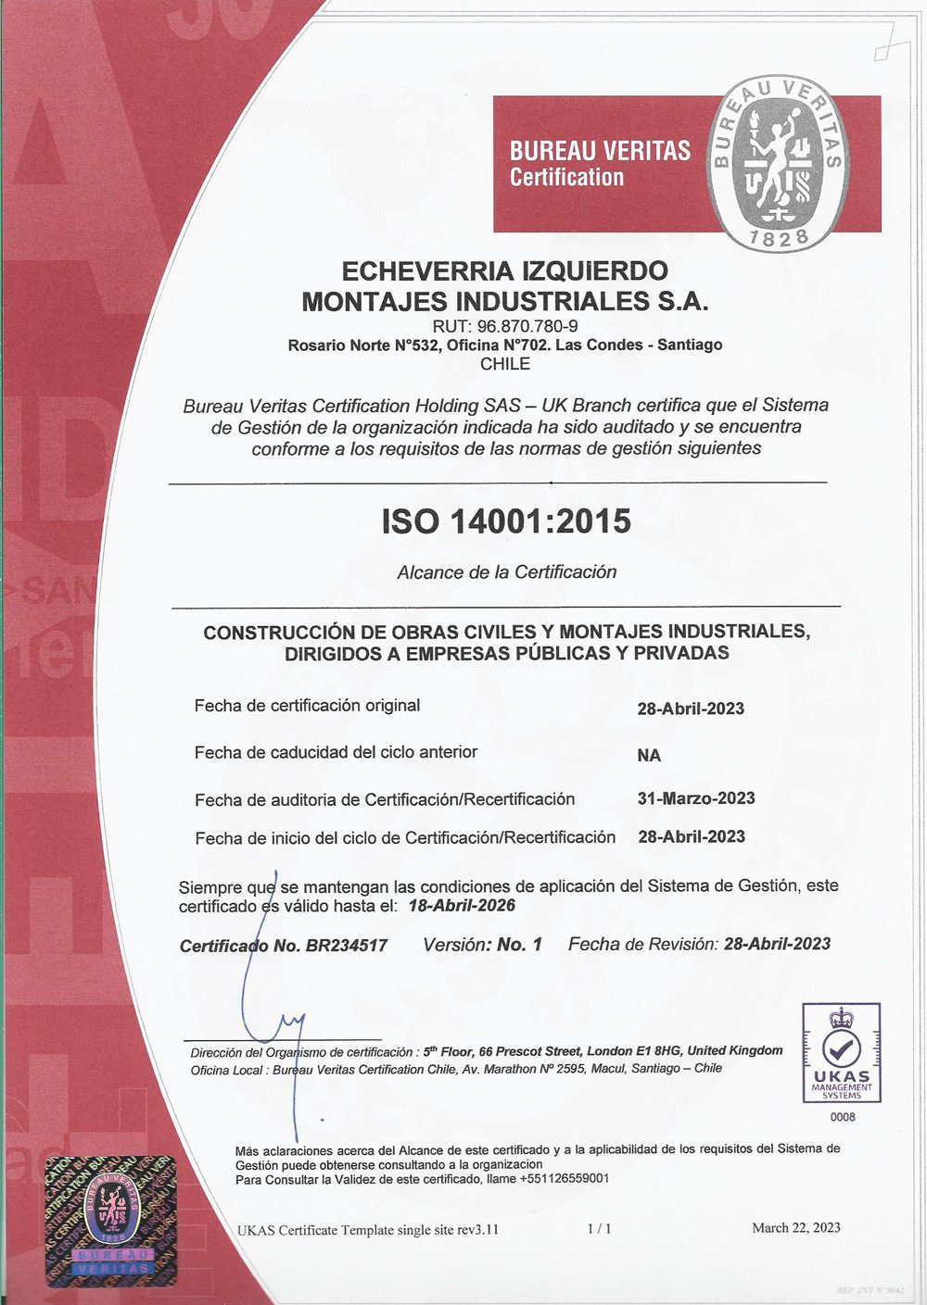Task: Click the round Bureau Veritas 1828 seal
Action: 780,164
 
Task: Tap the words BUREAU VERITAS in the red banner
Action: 600,150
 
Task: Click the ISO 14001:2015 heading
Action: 506,521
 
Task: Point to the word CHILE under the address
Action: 505,364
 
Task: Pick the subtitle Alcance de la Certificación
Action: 506,572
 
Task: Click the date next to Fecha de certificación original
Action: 691,709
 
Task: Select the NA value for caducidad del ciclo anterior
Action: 649,756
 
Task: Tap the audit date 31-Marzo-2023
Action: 696,798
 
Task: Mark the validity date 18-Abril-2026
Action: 462,906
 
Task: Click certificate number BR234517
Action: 347,946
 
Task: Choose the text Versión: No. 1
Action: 482,945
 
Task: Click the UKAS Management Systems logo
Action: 842,1053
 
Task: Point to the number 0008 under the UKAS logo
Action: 843,1117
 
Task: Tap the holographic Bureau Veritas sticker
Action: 111,1220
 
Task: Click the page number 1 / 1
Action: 599,1229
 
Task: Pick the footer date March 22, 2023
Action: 796,1228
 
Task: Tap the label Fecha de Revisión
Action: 642,944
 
